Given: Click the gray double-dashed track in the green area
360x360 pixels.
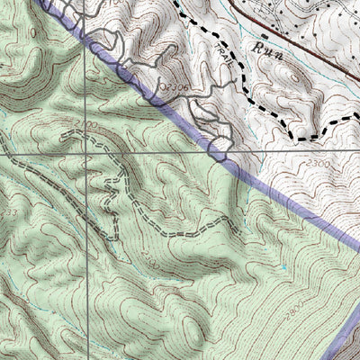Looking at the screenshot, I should coord(180,225).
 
